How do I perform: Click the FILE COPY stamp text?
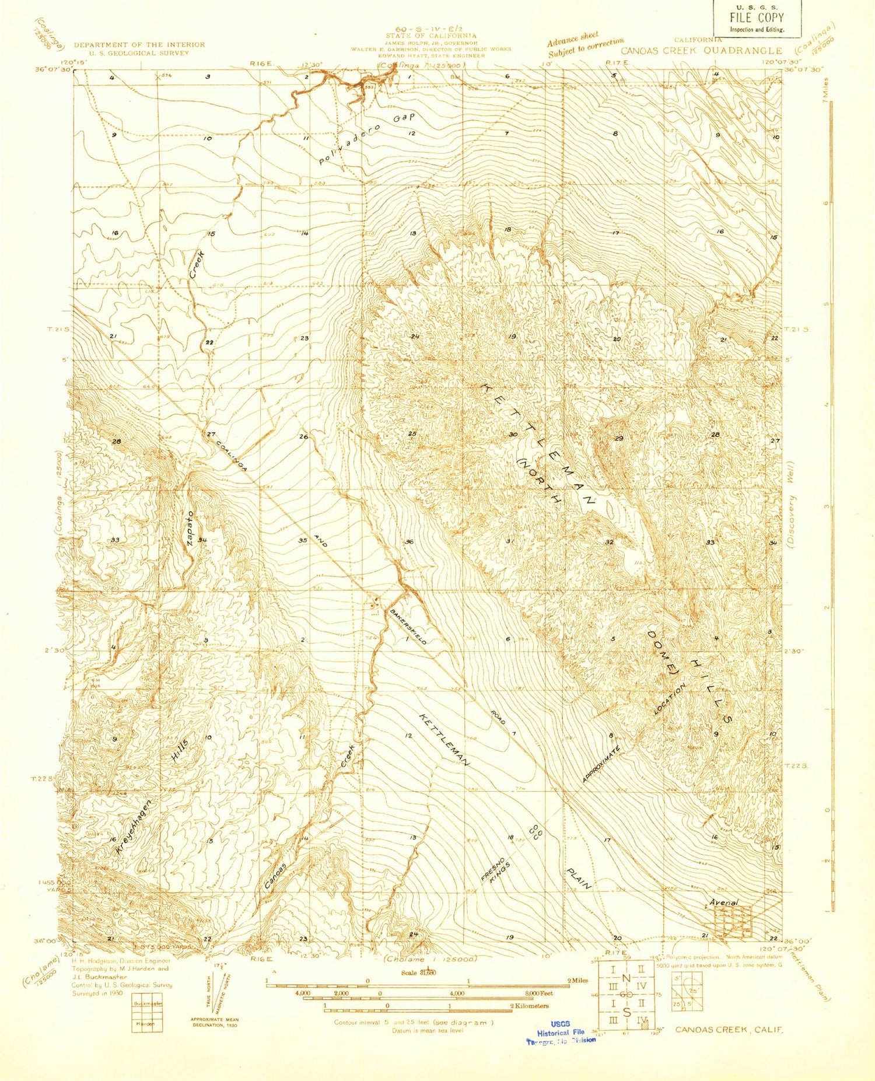[x=757, y=18]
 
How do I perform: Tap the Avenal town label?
[x=723, y=902]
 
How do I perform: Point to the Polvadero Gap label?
[x=367, y=139]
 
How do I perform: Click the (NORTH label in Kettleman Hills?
[x=539, y=481]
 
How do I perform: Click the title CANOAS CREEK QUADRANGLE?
[x=701, y=51]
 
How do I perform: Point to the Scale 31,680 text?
[x=419, y=972]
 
